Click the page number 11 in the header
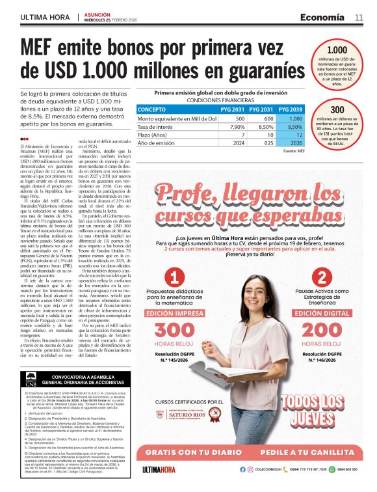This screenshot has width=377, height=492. [x=359, y=17]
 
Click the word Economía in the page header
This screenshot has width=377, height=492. [x=323, y=17]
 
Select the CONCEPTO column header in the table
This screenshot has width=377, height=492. [x=152, y=110]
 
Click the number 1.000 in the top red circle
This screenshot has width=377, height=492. [x=337, y=50]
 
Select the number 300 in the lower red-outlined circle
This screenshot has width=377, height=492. [x=337, y=110]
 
